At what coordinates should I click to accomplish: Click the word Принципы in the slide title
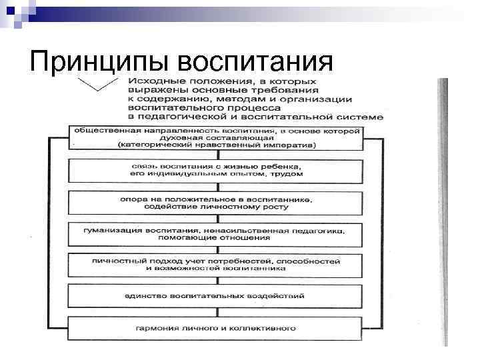100,63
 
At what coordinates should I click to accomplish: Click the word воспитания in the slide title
256,63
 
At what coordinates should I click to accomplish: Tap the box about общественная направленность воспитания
217,137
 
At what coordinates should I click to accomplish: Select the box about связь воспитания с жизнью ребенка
217,169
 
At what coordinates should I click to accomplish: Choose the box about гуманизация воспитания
217,235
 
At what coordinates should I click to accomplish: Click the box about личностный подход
217,264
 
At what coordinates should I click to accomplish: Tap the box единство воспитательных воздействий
217,295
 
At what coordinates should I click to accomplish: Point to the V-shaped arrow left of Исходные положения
96,85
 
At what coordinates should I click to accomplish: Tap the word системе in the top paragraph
364,116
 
